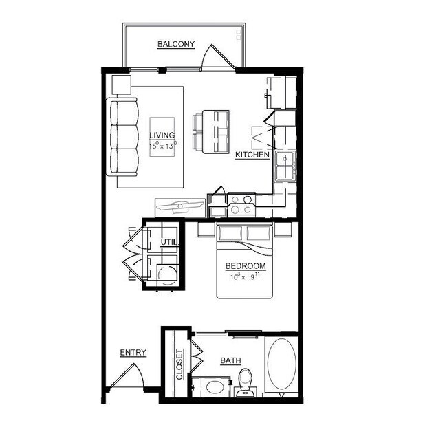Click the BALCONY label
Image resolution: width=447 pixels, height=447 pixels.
coord(176,45)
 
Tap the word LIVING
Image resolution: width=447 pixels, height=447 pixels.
coord(162,135)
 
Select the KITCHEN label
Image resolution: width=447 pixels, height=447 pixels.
coord(252,155)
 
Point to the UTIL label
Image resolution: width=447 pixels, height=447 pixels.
coord(168,242)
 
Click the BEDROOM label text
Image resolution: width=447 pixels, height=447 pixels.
coord(246,266)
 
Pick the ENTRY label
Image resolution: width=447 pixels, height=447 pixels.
coord(133,353)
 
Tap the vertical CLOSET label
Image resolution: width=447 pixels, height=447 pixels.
coord(179,365)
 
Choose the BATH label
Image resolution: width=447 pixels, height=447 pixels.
coord(230,360)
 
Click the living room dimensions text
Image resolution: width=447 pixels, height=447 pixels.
coord(162,145)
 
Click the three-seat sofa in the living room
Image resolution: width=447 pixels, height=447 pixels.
coord(122,137)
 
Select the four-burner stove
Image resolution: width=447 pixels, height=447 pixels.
coord(241,205)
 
